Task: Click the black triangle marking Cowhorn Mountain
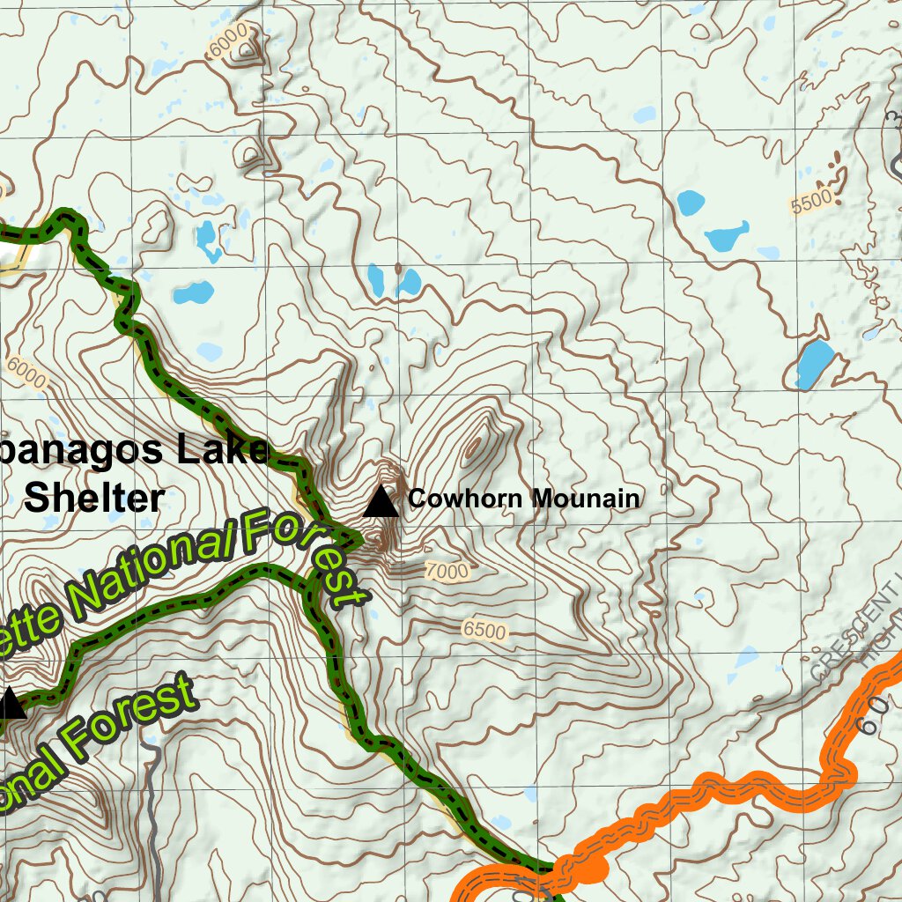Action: (381, 501)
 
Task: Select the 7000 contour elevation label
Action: (447, 572)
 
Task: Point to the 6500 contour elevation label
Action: (484, 632)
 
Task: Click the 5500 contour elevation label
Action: (811, 203)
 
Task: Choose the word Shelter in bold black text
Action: (94, 498)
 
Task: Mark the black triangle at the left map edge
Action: (9, 705)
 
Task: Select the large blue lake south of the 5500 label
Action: (814, 363)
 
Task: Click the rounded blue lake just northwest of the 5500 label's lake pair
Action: (691, 203)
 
